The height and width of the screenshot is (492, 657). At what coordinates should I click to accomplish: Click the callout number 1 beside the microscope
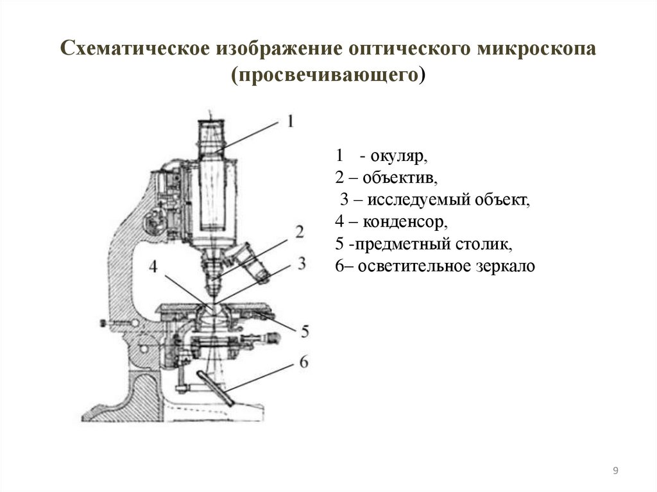click(x=289, y=121)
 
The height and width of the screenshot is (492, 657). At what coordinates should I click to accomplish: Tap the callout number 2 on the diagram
click(x=299, y=232)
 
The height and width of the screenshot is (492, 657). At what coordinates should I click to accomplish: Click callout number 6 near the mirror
click(x=303, y=362)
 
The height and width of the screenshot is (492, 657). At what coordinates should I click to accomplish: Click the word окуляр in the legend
click(x=397, y=156)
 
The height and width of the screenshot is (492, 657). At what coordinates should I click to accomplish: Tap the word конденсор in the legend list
click(x=404, y=223)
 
